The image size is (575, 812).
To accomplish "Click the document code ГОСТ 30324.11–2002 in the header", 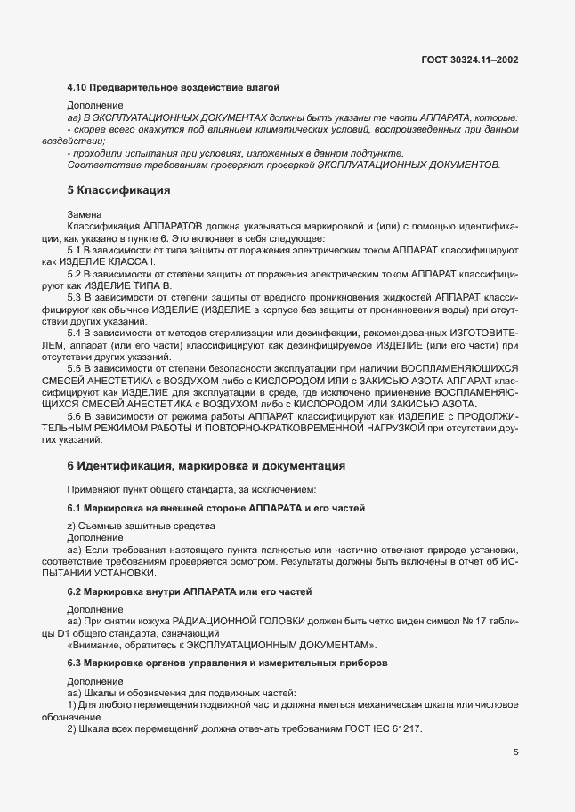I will point(470,60).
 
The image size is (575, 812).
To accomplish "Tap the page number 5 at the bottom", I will point(515,752).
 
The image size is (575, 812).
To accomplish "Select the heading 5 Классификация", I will point(118,189).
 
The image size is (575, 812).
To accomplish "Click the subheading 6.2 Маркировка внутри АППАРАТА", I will point(189,591).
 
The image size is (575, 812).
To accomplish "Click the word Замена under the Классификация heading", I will point(85,215).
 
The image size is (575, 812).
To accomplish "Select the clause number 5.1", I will point(76,252).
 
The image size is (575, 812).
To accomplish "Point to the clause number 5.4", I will point(76,333).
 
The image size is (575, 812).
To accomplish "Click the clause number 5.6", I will point(76,415).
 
